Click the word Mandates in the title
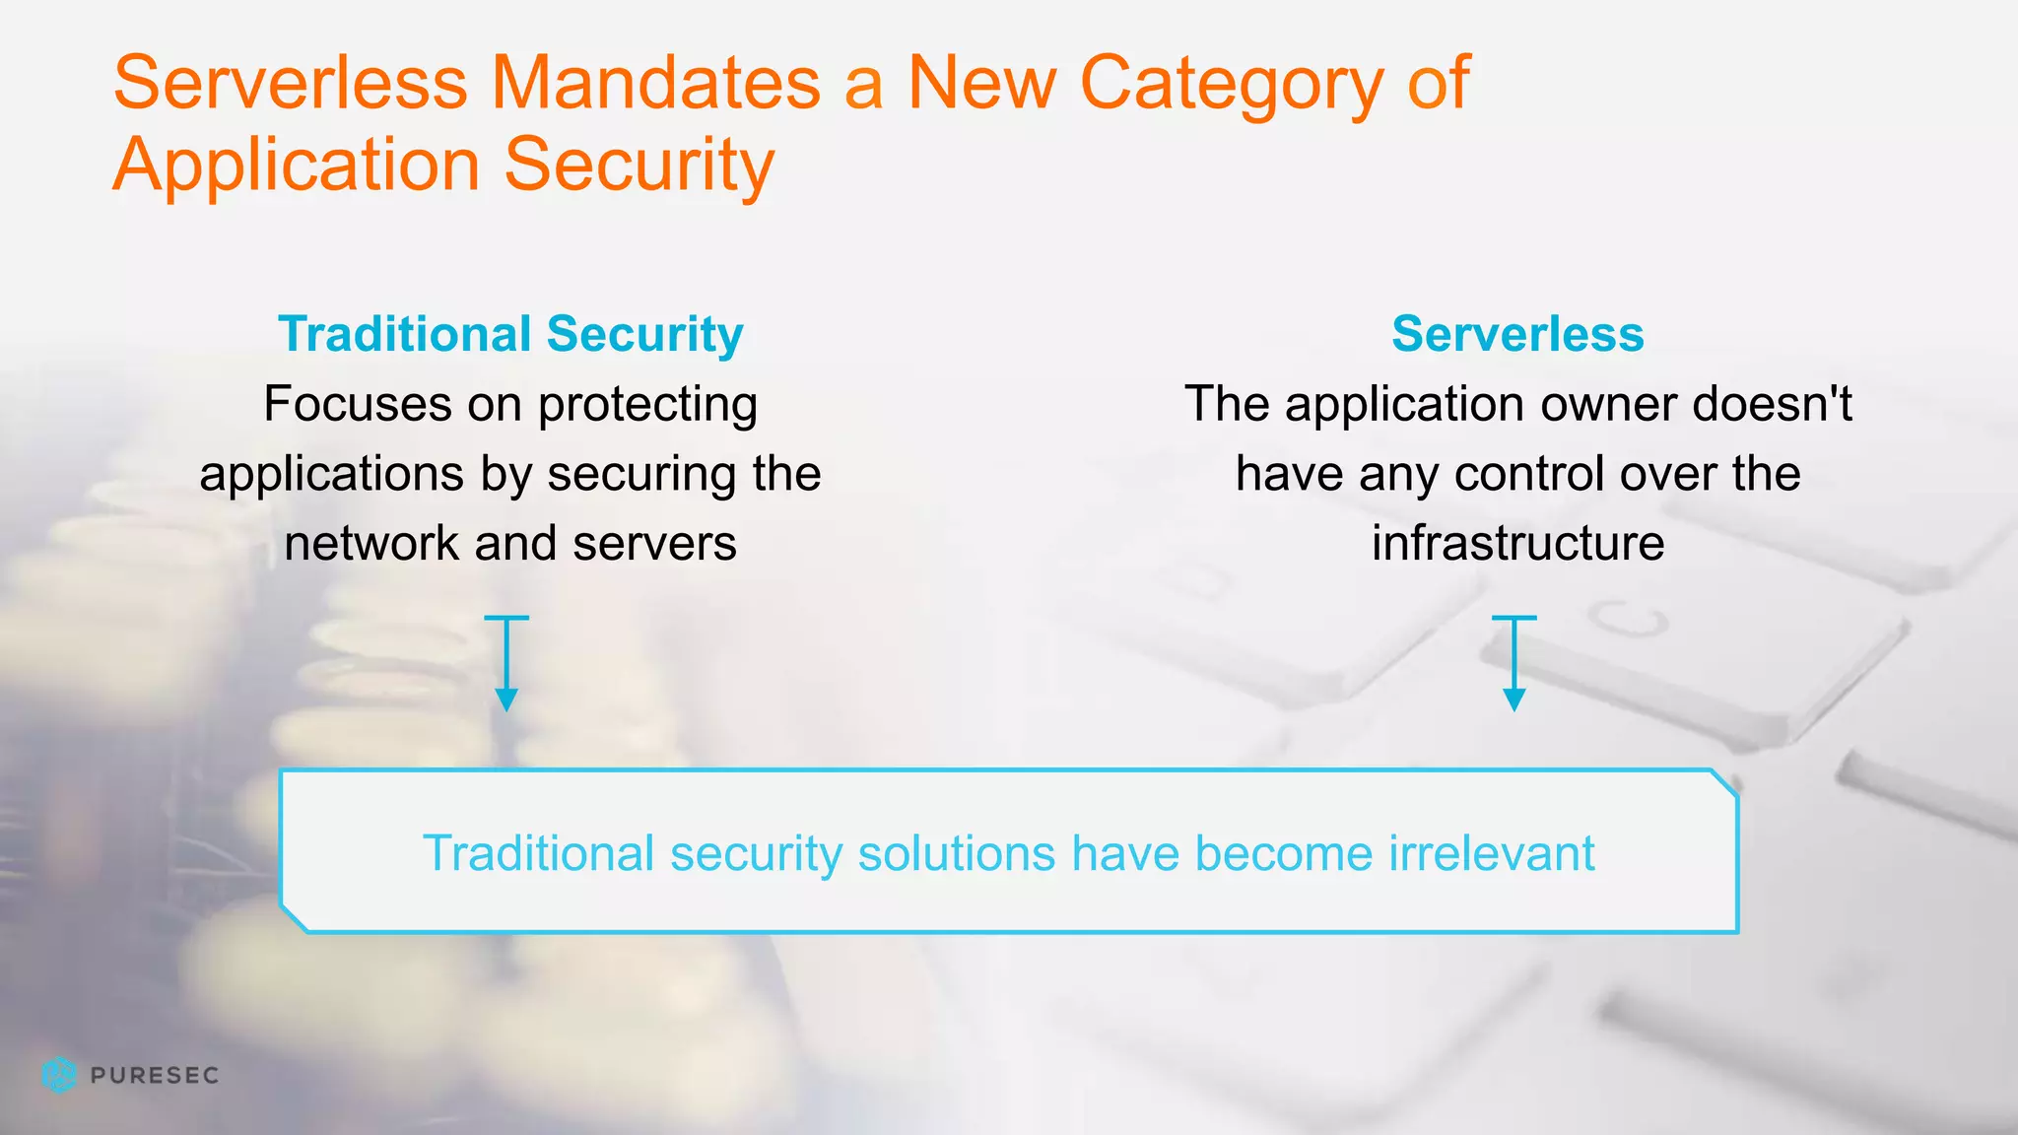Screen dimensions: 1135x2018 click(x=655, y=83)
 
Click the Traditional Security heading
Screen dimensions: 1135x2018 click(x=510, y=334)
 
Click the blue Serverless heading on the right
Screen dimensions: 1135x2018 click(x=1517, y=334)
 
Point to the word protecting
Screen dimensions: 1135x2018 click(x=647, y=406)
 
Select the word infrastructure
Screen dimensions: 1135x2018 click(x=1517, y=544)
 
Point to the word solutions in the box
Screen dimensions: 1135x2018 click(x=957, y=853)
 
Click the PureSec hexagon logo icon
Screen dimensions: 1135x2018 click(x=59, y=1075)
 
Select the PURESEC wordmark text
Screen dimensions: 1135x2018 click(x=154, y=1075)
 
